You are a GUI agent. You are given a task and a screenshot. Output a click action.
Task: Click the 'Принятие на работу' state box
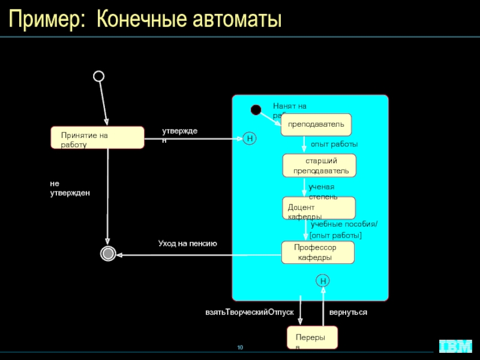click(97, 137)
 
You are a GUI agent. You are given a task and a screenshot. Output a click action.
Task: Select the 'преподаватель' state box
click(316, 124)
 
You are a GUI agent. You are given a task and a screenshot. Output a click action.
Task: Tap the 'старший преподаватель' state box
click(320, 166)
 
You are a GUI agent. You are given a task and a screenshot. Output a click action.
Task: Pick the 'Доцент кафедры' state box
click(319, 208)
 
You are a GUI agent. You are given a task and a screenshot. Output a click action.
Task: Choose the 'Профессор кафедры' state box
click(318, 253)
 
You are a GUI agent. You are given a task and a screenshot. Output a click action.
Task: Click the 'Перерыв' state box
click(312, 338)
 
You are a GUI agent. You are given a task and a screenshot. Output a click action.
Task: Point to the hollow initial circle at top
click(99, 76)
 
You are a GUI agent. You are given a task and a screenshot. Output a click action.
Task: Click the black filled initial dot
click(256, 110)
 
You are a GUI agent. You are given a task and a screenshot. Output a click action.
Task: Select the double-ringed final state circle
click(108, 254)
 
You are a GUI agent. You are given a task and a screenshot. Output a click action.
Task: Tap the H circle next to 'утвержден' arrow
click(250, 139)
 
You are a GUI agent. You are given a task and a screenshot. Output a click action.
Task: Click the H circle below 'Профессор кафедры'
click(323, 281)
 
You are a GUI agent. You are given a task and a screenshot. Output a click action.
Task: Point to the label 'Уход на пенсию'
click(187, 244)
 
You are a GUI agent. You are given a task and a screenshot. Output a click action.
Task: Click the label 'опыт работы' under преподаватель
click(334, 145)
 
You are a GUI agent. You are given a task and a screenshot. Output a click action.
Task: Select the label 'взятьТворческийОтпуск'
click(249, 313)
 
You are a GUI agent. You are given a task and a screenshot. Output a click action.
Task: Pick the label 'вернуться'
click(348, 313)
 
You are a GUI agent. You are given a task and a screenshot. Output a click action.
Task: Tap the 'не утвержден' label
click(70, 188)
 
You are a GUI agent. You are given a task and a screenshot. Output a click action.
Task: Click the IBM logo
click(455, 346)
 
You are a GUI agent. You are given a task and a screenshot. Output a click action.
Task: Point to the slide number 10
click(239, 348)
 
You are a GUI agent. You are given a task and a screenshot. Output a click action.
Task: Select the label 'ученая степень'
click(323, 192)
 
